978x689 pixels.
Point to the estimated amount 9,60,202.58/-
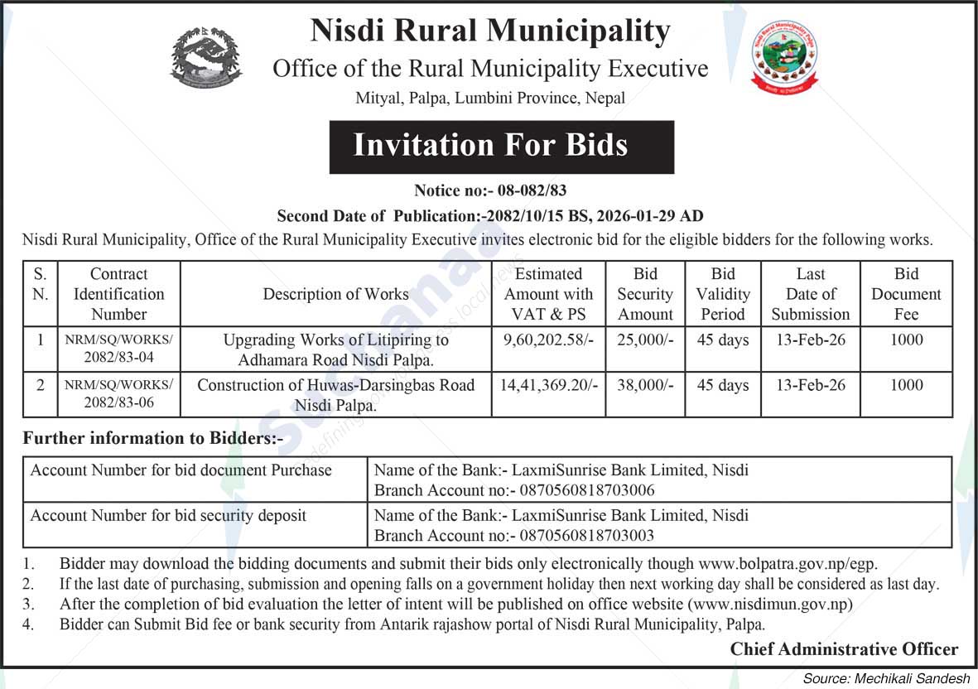547,340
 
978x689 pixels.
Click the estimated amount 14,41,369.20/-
547,386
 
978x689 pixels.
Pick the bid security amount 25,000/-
644,340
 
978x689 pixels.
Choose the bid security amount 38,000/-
644,386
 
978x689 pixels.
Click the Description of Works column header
335,294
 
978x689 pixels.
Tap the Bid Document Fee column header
906,294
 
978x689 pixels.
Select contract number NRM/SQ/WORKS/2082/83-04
118,349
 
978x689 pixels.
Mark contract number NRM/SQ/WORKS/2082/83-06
118,394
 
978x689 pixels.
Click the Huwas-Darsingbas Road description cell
335,394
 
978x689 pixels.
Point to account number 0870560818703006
586,490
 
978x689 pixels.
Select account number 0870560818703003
586,536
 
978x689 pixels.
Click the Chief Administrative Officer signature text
843,649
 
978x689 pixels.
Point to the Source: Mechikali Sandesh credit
885,678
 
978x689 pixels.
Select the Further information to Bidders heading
153,438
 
